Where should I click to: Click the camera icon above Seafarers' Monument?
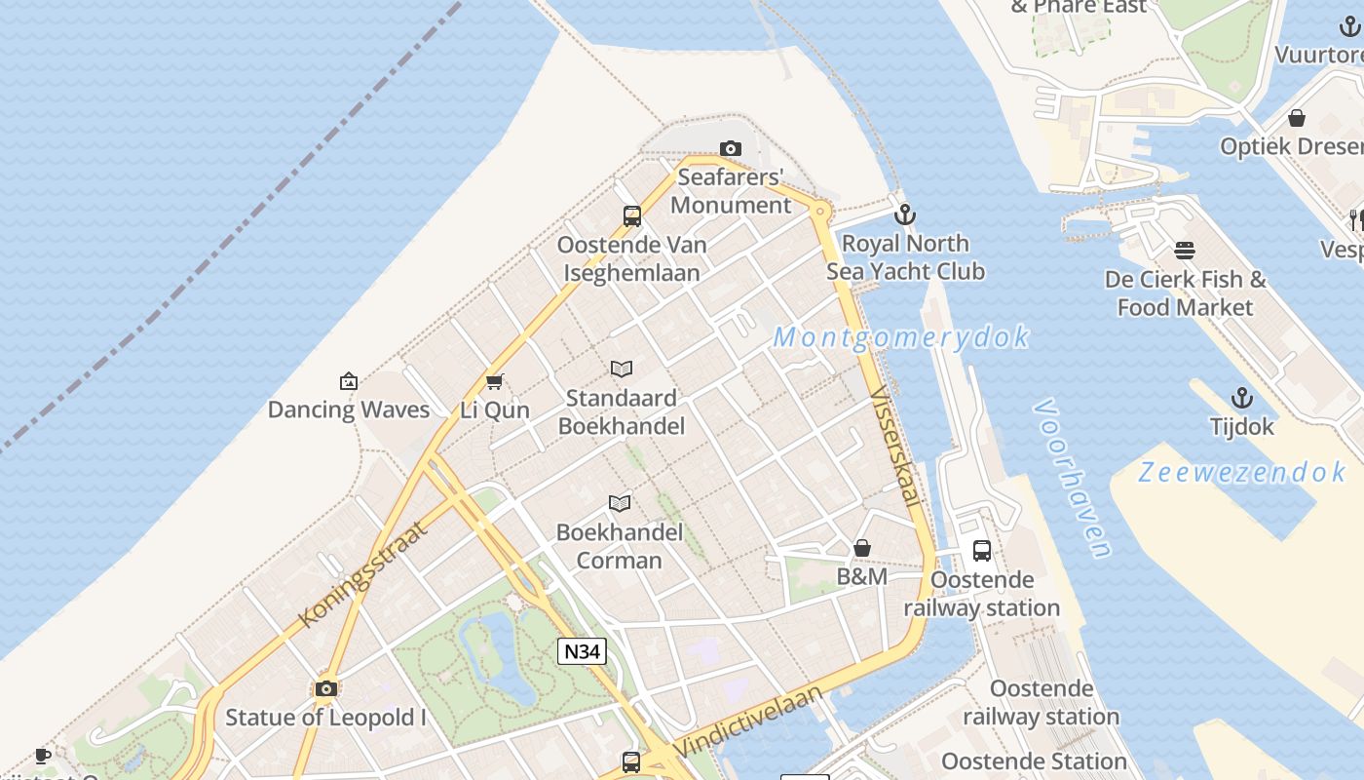(730, 148)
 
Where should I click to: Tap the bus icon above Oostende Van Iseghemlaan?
(632, 216)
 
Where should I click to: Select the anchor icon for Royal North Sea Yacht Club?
(905, 214)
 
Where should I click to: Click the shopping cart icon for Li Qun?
(495, 381)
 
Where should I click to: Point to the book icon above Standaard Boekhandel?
(621, 369)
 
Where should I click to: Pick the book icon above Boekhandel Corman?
(620, 503)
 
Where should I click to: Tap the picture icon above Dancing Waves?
(348, 381)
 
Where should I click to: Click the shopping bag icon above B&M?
(862, 548)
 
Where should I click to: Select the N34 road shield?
(582, 651)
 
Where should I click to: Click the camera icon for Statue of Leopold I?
(326, 689)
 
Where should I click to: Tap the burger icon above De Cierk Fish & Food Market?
(1185, 251)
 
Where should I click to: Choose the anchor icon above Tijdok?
(1241, 398)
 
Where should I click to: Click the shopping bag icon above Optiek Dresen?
(1297, 118)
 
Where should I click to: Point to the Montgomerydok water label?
(901, 337)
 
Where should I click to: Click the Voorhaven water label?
(1072, 478)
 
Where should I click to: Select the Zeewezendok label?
(1242, 473)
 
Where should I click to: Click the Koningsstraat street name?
(362, 575)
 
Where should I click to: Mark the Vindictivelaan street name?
(747, 721)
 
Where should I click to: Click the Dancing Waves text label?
(348, 409)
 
